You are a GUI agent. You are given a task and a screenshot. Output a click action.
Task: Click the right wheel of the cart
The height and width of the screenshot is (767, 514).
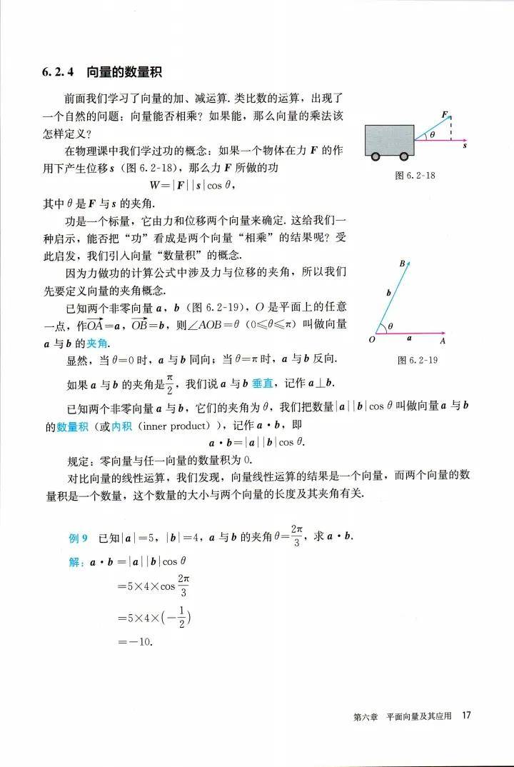[404, 156]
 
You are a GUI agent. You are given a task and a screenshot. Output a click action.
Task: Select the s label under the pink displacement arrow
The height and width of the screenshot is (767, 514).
[464, 146]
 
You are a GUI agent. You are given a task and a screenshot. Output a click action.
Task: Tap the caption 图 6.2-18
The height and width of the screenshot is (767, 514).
[415, 175]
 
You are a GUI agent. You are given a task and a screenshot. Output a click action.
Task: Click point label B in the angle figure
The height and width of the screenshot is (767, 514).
[402, 264]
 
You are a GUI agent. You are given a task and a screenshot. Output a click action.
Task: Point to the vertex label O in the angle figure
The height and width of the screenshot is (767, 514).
[372, 340]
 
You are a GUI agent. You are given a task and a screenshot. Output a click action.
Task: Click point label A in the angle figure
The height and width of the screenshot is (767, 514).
[443, 341]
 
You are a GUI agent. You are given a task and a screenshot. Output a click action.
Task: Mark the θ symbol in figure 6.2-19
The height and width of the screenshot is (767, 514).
[390, 326]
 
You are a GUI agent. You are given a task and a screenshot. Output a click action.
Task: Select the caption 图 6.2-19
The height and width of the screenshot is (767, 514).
[417, 361]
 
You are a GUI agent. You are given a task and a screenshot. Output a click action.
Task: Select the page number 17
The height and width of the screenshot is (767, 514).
[468, 716]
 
